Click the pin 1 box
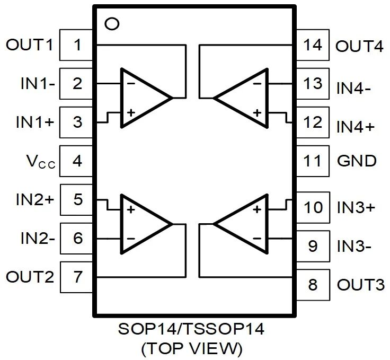point(77,45)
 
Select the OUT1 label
point(30,45)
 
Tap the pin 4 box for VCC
point(77,161)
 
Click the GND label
point(357,161)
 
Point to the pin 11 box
point(313,161)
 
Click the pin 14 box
point(313,45)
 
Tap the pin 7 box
point(77,276)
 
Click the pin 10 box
point(313,207)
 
